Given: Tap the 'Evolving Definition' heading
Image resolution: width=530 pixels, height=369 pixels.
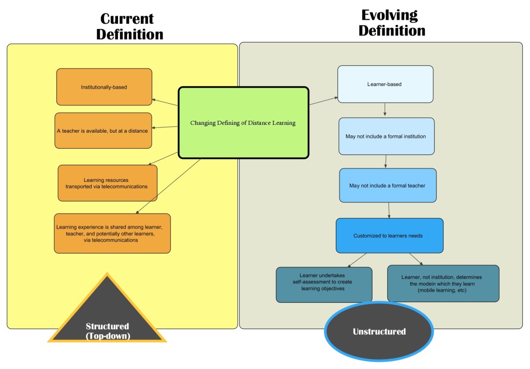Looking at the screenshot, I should point(391,23).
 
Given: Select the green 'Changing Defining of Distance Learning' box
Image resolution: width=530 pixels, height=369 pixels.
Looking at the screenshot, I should point(243,123).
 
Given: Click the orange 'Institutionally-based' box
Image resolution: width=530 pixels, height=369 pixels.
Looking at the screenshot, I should point(104,87).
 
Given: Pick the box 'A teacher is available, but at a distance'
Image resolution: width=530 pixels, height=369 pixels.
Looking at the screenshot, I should point(103,131).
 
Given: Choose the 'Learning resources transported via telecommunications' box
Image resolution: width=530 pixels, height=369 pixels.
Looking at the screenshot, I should point(107,183).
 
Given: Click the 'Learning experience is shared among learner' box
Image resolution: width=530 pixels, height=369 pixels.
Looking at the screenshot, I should point(112,233).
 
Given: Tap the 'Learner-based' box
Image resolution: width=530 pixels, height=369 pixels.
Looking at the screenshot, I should point(385,84).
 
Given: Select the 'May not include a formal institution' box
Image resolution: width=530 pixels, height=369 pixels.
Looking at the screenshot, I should point(386,136).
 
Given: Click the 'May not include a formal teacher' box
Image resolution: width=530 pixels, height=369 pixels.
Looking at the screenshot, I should point(388,185).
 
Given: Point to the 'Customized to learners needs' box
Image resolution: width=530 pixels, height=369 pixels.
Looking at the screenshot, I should point(389,235).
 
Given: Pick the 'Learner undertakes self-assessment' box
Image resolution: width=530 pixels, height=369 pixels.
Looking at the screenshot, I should point(323,285).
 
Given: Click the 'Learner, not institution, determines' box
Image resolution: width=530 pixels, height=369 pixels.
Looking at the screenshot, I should point(443,283).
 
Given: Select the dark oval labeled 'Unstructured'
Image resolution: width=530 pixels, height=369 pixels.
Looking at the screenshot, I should point(379,331).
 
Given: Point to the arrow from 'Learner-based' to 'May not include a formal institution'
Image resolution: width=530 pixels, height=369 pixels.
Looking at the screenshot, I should point(385,109).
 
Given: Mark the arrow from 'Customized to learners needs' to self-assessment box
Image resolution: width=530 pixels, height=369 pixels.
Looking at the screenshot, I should point(357,259).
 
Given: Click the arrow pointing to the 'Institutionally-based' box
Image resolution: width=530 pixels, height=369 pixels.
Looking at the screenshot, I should point(165,103).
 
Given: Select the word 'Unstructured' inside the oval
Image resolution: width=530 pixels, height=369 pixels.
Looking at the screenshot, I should point(379,331).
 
